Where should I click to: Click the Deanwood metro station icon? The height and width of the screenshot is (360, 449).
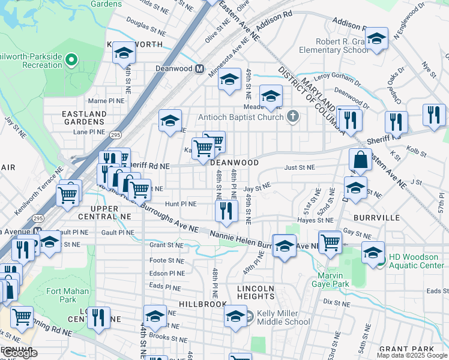[x=202, y=68]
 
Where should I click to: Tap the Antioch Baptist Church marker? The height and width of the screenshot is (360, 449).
[x=293, y=116]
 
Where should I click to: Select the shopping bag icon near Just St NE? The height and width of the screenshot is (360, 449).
[x=360, y=160]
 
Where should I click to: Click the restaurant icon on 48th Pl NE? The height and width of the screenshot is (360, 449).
[x=226, y=210]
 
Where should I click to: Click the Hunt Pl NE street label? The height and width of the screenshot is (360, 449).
[x=181, y=204]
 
